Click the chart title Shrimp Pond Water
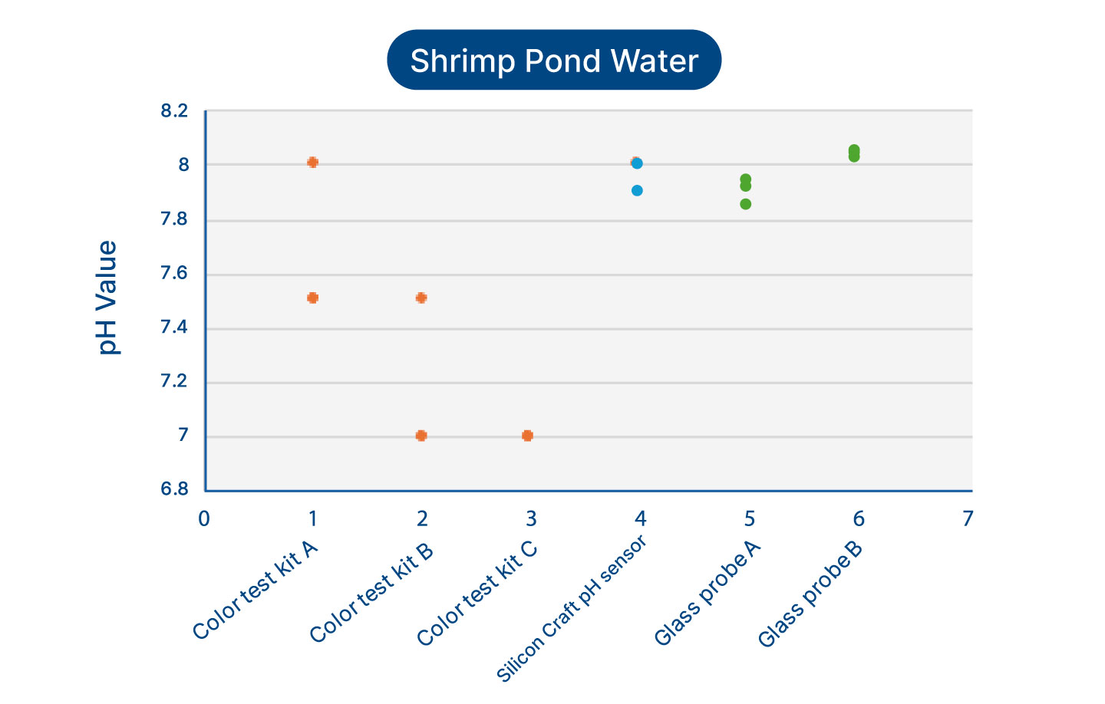(x=554, y=61)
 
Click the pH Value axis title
(x=107, y=298)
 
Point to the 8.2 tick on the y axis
(x=174, y=112)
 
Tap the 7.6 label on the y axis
(x=174, y=275)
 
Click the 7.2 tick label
(x=174, y=382)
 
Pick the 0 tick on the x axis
(x=204, y=519)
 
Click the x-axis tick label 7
(x=968, y=519)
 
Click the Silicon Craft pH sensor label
(x=572, y=607)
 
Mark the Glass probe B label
(x=810, y=594)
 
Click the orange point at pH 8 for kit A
(x=312, y=163)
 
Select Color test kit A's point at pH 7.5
(x=312, y=298)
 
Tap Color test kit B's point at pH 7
(x=421, y=436)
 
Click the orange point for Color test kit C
(x=527, y=436)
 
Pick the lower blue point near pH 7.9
(x=637, y=190)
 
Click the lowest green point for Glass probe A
(x=745, y=204)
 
